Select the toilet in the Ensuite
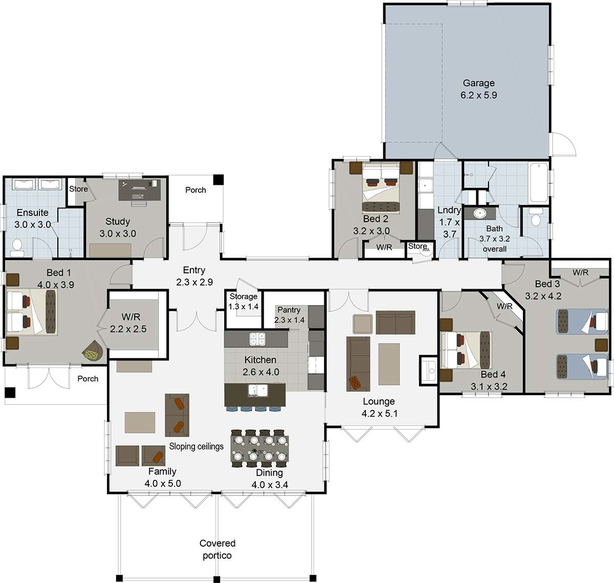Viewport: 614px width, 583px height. [x=17, y=247]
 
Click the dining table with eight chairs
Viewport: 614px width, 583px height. [x=259, y=448]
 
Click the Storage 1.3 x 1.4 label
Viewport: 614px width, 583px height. [x=244, y=301]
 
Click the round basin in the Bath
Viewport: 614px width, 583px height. [x=479, y=213]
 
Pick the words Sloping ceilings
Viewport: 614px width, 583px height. [x=196, y=446]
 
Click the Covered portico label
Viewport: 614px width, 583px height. [x=217, y=549]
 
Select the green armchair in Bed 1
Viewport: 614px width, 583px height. [x=93, y=351]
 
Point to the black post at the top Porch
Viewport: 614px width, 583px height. [x=218, y=180]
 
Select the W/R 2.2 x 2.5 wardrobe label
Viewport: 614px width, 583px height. [x=128, y=323]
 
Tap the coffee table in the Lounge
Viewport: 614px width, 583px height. [x=389, y=363]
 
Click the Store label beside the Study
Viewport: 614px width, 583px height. [x=78, y=189]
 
